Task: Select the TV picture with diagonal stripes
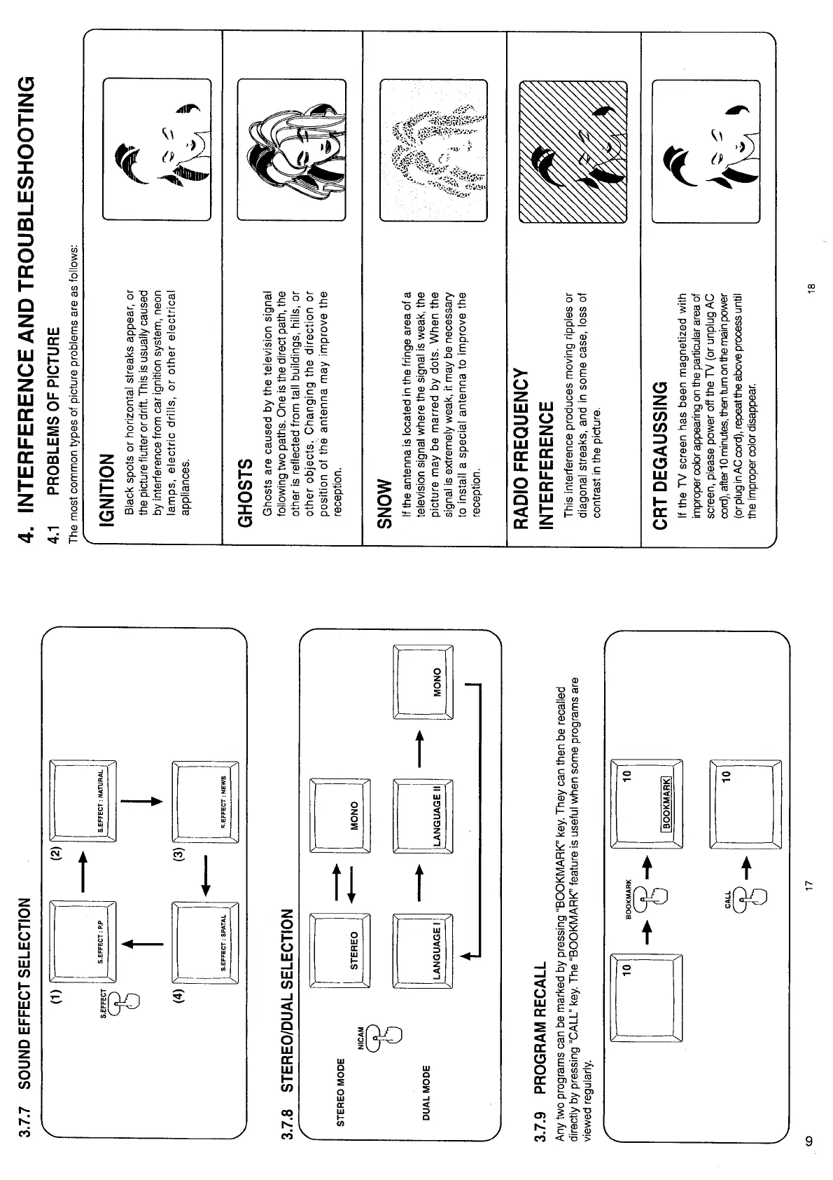tap(573, 150)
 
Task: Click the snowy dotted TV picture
tap(433, 150)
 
